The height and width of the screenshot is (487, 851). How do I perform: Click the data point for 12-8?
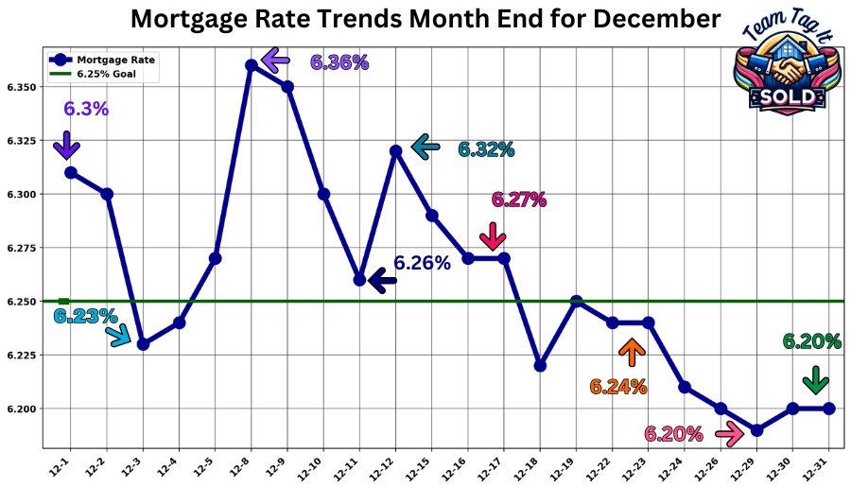pyautogui.click(x=251, y=65)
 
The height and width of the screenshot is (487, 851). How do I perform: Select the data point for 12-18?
pyautogui.click(x=540, y=365)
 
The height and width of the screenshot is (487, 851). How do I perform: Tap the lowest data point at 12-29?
pyautogui.click(x=756, y=430)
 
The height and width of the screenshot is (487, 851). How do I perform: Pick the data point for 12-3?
pyautogui.click(x=143, y=344)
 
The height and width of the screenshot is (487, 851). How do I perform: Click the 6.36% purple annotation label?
pyautogui.click(x=339, y=62)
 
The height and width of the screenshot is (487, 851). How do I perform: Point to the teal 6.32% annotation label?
pyautogui.click(x=486, y=149)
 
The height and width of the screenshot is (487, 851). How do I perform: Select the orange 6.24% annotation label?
pyautogui.click(x=618, y=386)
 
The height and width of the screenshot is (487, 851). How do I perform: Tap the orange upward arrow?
pyautogui.click(x=632, y=353)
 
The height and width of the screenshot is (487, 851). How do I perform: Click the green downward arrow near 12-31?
pyautogui.click(x=815, y=380)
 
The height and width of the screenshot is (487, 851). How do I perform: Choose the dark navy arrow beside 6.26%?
pyautogui.click(x=381, y=280)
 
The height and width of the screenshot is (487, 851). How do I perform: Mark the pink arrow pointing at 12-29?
pyautogui.click(x=729, y=434)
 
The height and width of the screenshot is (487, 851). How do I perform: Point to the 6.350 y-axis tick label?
pyautogui.click(x=22, y=87)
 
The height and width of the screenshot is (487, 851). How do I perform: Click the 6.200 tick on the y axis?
pyautogui.click(x=22, y=409)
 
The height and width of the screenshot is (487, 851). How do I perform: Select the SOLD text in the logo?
pyautogui.click(x=786, y=97)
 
